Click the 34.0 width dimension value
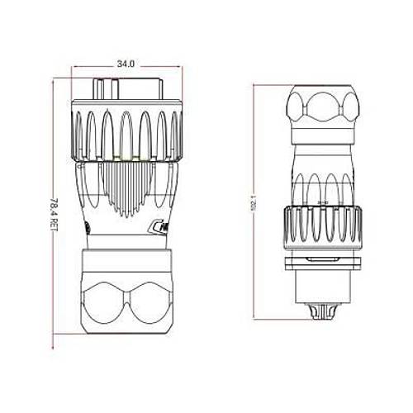[x=126, y=63]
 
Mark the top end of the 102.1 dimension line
[x=258, y=83]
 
